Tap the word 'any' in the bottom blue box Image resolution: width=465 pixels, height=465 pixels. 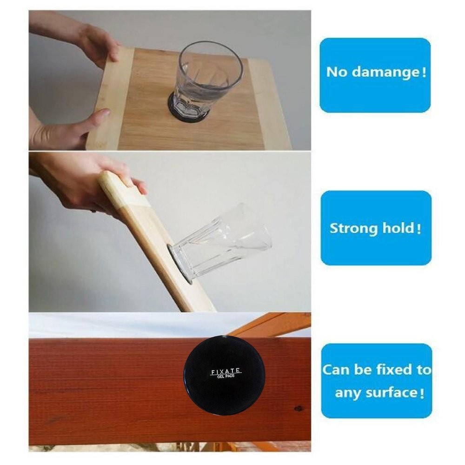pos(347,393)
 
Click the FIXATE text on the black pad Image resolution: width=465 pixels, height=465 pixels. pos(226,371)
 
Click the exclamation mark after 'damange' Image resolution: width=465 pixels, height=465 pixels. pos(423,73)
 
